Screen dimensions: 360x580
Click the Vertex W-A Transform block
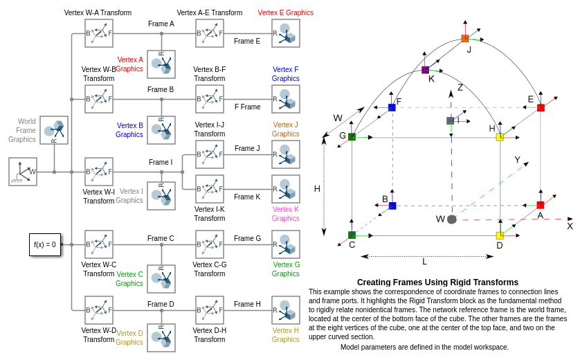[99, 33]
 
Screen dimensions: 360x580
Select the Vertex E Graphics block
[286, 33]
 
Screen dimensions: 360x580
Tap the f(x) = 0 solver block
[45, 244]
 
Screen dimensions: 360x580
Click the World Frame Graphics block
[54, 130]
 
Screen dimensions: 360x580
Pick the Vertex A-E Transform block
[210, 33]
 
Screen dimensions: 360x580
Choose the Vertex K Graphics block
[286, 189]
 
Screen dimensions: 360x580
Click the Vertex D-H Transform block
[210, 310]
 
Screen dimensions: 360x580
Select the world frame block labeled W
[23, 172]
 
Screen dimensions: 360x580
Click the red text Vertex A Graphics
[130, 64]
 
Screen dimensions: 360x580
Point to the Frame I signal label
[161, 163]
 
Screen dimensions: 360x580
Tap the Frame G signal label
[247, 239]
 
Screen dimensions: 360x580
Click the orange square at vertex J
[465, 39]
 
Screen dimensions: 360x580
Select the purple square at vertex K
[426, 70]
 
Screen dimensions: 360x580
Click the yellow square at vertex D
[500, 235]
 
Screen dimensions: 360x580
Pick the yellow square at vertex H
[500, 137]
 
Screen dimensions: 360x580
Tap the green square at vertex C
[352, 235]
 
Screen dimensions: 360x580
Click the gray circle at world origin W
[452, 219]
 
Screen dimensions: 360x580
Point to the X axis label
[570, 226]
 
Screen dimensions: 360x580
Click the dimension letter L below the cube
[424, 262]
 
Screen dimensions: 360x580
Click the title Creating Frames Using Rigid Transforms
[437, 282]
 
